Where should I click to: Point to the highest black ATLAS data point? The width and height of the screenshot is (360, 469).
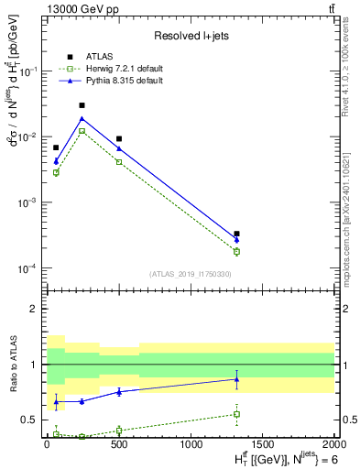[x=82, y=105]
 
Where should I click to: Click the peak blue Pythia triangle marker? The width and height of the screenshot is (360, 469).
[x=82, y=118]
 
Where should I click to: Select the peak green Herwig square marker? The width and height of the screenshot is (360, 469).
[x=82, y=131]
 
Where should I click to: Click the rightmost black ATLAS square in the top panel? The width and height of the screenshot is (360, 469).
[x=236, y=234]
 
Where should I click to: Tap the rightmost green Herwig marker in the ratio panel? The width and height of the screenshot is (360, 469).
[x=236, y=414]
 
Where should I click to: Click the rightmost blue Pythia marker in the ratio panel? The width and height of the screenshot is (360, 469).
[x=236, y=379]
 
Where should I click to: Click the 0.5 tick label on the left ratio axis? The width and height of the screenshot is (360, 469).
[x=29, y=420]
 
